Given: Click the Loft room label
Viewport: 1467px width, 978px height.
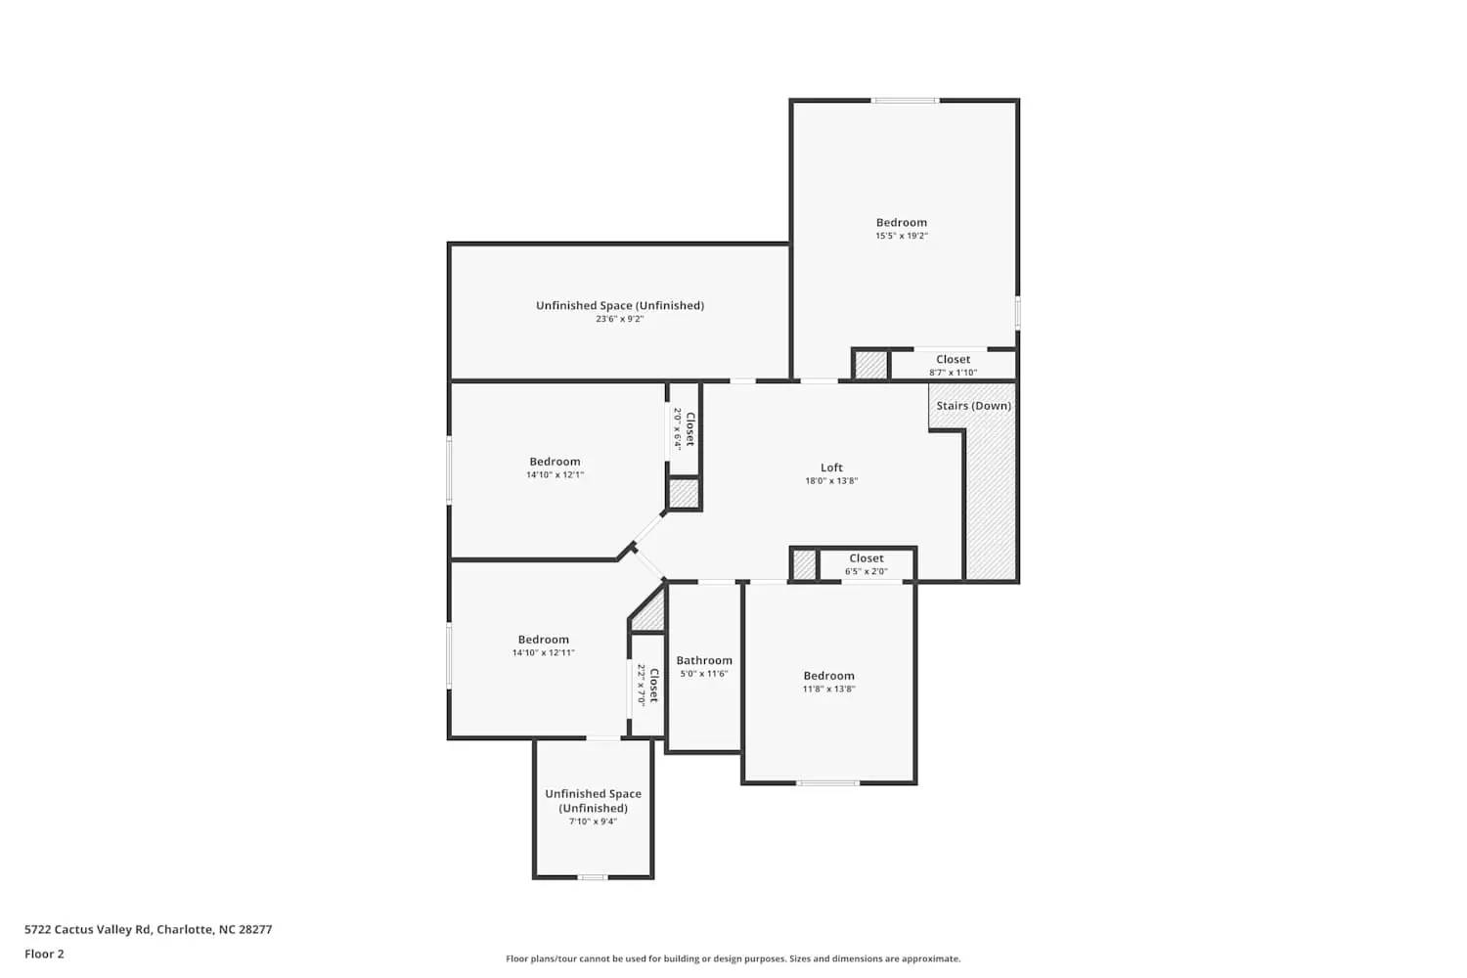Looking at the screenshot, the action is pyautogui.click(x=831, y=467).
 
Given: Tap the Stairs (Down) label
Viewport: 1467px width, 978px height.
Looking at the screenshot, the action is pyautogui.click(x=974, y=406).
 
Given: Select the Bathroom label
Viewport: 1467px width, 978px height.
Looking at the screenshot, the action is pyautogui.click(x=704, y=660).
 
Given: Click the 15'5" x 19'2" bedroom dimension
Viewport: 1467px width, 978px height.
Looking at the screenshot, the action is pyautogui.click(x=902, y=236).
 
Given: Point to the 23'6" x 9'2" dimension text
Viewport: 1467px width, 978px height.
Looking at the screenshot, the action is pyautogui.click(x=619, y=319).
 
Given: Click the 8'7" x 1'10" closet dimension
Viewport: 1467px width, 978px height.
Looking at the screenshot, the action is pyautogui.click(x=953, y=373).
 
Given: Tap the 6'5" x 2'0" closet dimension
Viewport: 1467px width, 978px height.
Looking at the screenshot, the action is pyautogui.click(x=867, y=571).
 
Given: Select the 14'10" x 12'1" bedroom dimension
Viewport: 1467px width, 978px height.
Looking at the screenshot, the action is pyautogui.click(x=555, y=475).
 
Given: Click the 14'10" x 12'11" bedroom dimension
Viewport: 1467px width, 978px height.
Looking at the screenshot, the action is pyautogui.click(x=544, y=652).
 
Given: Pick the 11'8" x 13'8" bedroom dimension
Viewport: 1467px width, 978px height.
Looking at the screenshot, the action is pyautogui.click(x=829, y=689).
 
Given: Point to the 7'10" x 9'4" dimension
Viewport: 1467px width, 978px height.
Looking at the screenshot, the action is pyautogui.click(x=594, y=822).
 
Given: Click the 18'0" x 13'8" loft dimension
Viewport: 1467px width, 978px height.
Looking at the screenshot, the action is pyautogui.click(x=831, y=481).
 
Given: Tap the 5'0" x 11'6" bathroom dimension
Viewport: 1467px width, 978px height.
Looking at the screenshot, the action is pyautogui.click(x=704, y=674).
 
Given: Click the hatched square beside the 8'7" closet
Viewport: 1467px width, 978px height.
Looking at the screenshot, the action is pyautogui.click(x=871, y=366).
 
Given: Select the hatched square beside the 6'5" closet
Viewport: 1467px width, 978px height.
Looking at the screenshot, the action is pyautogui.click(x=804, y=564).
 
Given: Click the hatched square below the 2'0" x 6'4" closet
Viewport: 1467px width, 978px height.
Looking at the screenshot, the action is pyautogui.click(x=684, y=493).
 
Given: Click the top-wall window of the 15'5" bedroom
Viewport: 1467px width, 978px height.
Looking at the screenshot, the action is pyautogui.click(x=905, y=101).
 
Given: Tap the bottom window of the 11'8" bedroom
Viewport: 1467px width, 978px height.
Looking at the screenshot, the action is pyautogui.click(x=827, y=782).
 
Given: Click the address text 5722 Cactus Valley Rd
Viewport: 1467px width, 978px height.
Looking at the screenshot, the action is pyautogui.click(x=88, y=929).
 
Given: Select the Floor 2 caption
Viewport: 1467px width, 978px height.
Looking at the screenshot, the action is pyautogui.click(x=45, y=954).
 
